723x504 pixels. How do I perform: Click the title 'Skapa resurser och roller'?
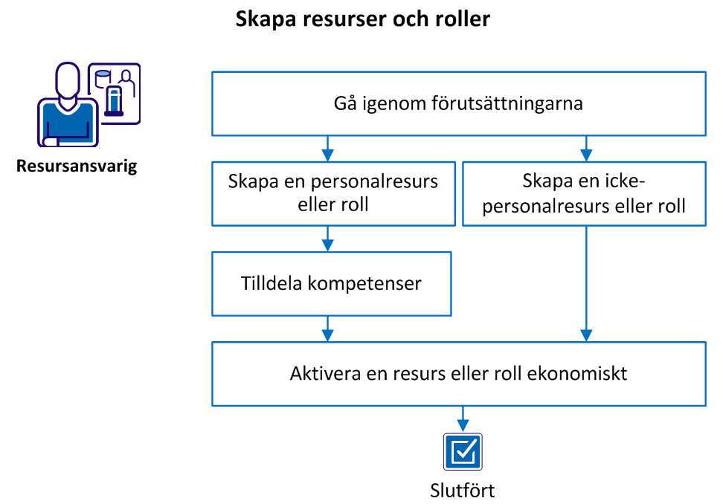pyautogui.click(x=363, y=19)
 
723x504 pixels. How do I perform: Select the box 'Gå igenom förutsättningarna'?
pyautogui.click(x=458, y=103)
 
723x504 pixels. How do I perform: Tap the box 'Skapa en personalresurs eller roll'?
pyautogui.click(x=332, y=193)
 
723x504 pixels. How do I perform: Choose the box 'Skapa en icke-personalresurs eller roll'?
pyautogui.click(x=583, y=193)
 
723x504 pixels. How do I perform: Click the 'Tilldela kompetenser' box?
pyautogui.click(x=332, y=283)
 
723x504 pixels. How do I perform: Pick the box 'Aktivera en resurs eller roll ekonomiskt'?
pyautogui.click(x=458, y=373)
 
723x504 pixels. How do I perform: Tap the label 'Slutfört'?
pyautogui.click(x=463, y=491)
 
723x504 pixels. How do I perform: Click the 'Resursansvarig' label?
pyautogui.click(x=77, y=166)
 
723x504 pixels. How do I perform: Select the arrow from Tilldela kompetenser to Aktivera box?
pyautogui.click(x=328, y=328)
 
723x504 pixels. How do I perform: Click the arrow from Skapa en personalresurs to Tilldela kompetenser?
pyautogui.click(x=328, y=238)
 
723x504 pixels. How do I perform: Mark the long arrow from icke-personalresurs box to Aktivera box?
pyautogui.click(x=587, y=282)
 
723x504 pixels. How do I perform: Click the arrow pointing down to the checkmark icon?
pyautogui.click(x=463, y=419)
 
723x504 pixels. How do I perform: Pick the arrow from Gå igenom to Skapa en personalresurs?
pyautogui.click(x=328, y=148)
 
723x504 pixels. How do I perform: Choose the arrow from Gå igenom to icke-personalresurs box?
pyautogui.click(x=587, y=148)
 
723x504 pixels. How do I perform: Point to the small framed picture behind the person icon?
pyautogui.click(x=116, y=91)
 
